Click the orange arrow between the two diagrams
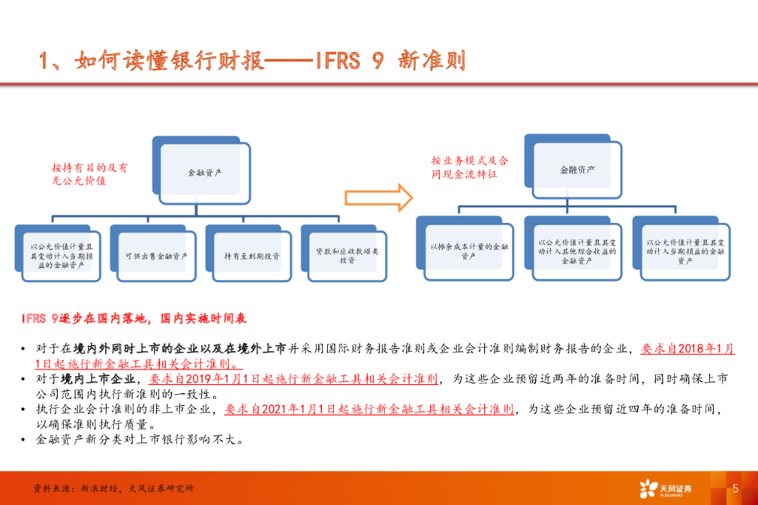click(x=378, y=198)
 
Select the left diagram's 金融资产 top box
click(x=205, y=172)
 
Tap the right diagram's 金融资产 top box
click(x=577, y=169)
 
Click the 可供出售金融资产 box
click(x=156, y=256)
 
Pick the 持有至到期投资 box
click(x=252, y=256)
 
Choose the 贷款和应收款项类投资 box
click(x=347, y=256)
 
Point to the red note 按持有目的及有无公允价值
click(x=90, y=174)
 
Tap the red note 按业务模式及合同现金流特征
click(x=470, y=167)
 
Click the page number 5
click(x=735, y=488)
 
